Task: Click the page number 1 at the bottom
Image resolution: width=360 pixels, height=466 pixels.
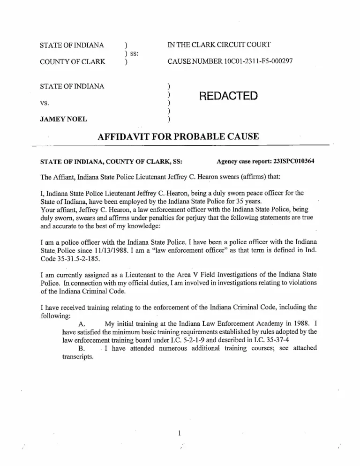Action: pos(180,432)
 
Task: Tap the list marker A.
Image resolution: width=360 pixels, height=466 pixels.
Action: pos(82,324)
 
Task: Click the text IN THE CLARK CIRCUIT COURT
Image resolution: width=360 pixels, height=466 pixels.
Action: pos(216,46)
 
